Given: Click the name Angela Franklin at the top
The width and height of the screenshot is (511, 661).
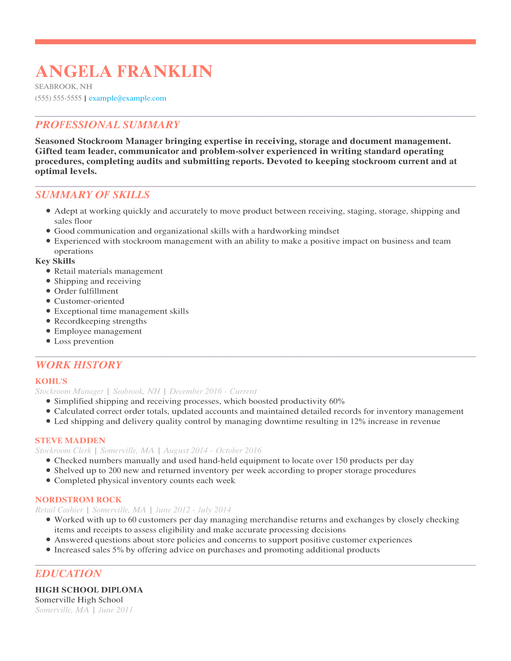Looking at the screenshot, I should pos(124,72).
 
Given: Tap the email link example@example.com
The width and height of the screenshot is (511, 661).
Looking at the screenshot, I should pos(127,98).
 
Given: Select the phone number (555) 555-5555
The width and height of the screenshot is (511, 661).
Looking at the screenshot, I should pos(58,98).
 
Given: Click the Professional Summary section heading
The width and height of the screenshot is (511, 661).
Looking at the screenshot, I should pos(108,125).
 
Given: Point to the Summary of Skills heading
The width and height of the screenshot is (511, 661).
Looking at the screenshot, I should pos(92,195).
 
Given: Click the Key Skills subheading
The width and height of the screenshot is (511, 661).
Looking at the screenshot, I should pos(55,261).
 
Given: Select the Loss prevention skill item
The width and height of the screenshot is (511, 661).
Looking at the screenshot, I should pos(84,341).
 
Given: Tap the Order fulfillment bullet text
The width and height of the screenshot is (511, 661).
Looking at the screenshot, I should pos(86,291).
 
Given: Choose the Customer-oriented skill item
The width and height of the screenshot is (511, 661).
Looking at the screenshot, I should pos(89,301).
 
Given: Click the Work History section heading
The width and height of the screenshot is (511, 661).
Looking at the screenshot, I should pos(79,365).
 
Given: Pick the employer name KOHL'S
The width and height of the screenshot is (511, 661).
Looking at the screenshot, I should pos(51,381).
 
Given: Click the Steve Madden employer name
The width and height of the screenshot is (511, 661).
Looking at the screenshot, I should pos(70,440).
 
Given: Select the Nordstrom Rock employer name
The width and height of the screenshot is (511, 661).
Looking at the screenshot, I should pos(78,500).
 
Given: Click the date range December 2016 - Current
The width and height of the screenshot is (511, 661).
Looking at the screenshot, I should pos(213,391).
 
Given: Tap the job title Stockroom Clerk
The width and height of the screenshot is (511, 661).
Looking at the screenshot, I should pos(63,451).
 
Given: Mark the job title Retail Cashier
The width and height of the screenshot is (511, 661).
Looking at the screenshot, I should pos(59,510).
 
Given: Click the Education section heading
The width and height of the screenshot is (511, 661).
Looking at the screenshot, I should pos(69,574).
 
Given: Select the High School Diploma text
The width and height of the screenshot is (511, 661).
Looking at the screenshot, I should pos(89,590).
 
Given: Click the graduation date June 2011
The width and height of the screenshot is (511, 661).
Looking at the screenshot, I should pos(116,610).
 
